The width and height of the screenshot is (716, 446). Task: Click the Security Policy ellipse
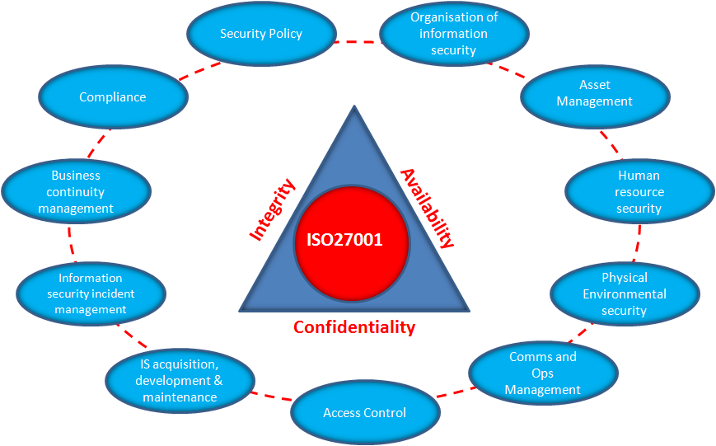(261, 34)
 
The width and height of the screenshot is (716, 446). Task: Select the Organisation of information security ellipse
(453, 34)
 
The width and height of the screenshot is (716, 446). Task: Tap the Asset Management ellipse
(594, 93)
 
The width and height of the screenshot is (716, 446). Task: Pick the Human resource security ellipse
(639, 191)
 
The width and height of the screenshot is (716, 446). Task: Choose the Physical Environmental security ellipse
(624, 293)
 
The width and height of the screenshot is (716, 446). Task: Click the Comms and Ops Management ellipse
(542, 373)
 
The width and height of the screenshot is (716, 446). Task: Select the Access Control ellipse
(364, 412)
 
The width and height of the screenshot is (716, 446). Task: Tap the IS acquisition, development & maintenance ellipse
(179, 381)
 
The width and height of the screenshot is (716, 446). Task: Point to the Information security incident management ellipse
(91, 293)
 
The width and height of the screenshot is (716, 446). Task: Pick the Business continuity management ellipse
(76, 191)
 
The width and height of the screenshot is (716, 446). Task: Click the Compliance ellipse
(113, 97)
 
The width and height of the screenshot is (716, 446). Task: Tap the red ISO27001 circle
(352, 242)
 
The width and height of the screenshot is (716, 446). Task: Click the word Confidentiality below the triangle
(354, 327)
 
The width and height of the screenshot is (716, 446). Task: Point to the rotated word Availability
(427, 208)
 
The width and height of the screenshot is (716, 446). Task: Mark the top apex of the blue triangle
(354, 107)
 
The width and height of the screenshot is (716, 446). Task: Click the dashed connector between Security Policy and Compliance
(200, 70)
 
